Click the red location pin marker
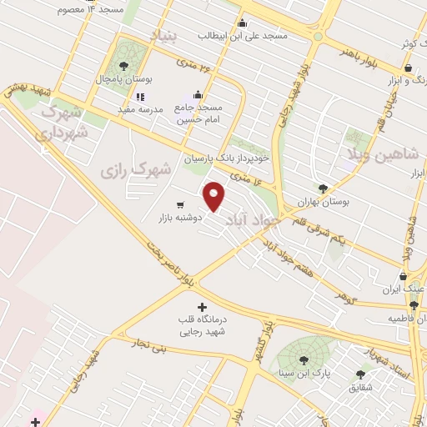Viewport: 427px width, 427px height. (214, 196)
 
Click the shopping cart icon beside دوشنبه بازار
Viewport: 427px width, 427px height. (180, 205)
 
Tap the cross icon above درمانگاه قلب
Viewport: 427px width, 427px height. (202, 307)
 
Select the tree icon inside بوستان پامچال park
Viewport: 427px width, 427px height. (123, 65)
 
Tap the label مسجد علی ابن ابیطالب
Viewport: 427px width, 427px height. (243, 36)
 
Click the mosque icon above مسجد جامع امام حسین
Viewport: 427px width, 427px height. (198, 94)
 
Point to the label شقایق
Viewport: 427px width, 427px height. (363, 388)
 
